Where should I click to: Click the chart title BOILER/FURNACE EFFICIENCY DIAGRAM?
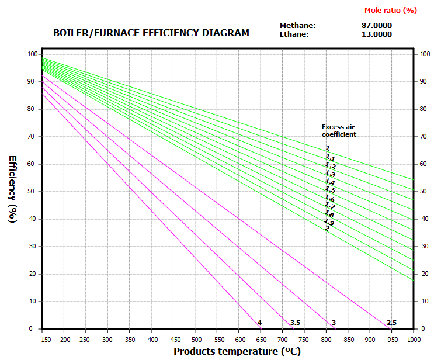click(x=151, y=33)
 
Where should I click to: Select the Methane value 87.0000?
click(x=377, y=25)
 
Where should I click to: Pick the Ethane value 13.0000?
click(x=377, y=34)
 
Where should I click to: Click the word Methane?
click(x=297, y=25)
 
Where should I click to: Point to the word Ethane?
click(x=295, y=34)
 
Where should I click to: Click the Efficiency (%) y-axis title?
click(x=12, y=189)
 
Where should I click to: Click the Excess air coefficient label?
click(x=339, y=130)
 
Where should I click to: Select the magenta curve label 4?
click(x=259, y=323)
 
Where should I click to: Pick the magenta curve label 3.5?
click(x=295, y=323)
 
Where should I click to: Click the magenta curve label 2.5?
click(x=391, y=323)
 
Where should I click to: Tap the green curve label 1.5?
click(x=330, y=190)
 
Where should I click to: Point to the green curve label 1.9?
click(x=329, y=223)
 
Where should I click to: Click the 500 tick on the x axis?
click(x=196, y=339)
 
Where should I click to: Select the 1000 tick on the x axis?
click(x=413, y=339)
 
